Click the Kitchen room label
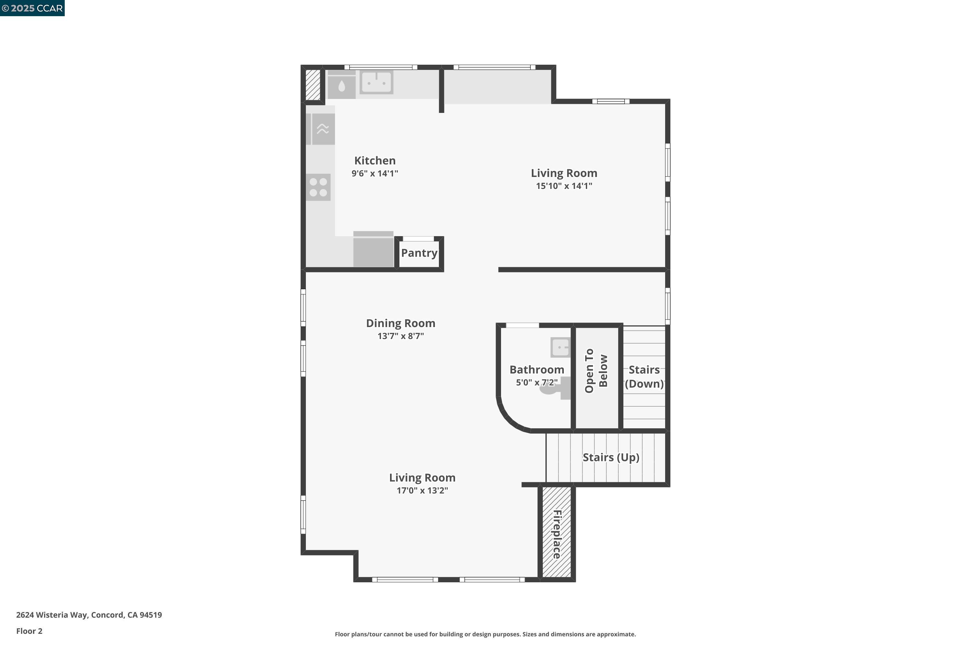374,160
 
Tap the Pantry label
419,253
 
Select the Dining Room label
400,323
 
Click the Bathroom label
536,370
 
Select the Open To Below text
596,370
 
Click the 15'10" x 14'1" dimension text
564,186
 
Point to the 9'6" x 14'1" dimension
374,173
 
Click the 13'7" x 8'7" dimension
400,336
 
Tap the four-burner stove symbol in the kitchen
318,187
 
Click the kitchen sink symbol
376,82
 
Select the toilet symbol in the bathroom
555,388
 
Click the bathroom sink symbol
560,347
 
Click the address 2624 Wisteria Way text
89,615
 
